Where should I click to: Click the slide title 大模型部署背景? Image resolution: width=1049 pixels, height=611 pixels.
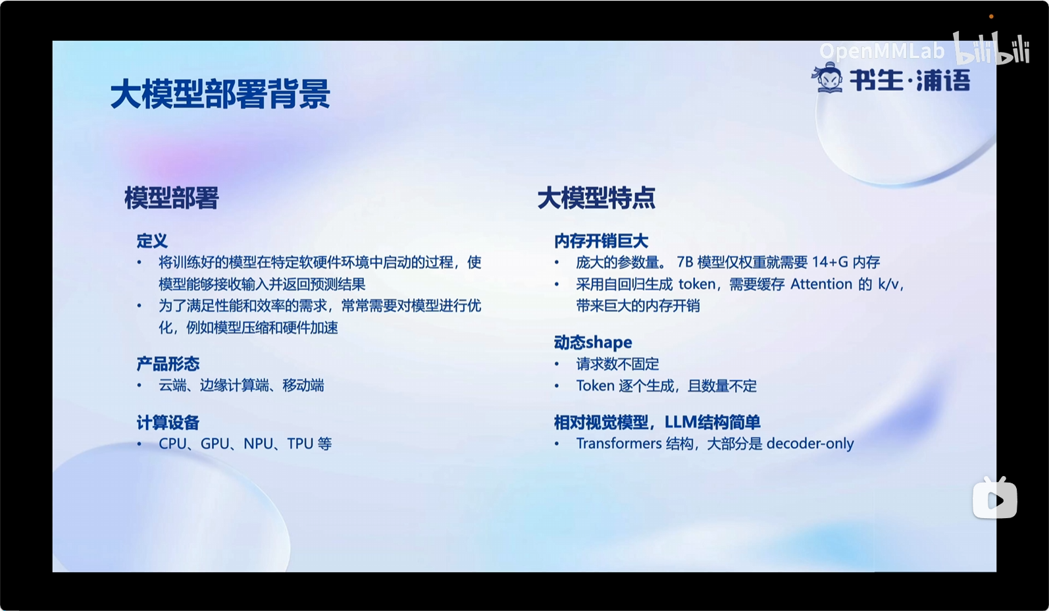(220, 93)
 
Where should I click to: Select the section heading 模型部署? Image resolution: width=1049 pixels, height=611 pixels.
(171, 198)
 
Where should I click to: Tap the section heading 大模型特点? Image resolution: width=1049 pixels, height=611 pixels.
(596, 198)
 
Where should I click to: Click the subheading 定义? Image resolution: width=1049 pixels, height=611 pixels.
(152, 241)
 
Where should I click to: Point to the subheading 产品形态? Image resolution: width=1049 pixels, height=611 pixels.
(168, 363)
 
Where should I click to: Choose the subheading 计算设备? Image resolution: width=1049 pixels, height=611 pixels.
(168, 422)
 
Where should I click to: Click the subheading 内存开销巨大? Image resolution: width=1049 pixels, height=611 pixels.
(601, 241)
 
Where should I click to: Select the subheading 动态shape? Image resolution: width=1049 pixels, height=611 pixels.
(593, 342)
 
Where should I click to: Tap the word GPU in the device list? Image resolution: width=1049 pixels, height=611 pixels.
(215, 443)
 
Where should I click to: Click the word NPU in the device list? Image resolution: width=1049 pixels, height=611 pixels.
(258, 443)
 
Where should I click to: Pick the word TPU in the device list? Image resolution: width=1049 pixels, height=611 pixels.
(299, 443)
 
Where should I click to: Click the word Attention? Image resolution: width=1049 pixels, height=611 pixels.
(821, 284)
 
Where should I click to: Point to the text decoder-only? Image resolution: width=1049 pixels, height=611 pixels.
(810, 444)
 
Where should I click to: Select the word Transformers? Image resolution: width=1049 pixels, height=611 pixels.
(619, 443)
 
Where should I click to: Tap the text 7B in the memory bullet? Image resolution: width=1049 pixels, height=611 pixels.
(684, 262)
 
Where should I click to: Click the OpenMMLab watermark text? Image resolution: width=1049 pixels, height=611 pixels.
(882, 51)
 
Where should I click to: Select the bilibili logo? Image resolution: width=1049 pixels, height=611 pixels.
(991, 48)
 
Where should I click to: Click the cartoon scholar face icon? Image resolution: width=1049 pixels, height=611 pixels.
(828, 77)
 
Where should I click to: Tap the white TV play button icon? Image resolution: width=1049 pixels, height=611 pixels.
(994, 498)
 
